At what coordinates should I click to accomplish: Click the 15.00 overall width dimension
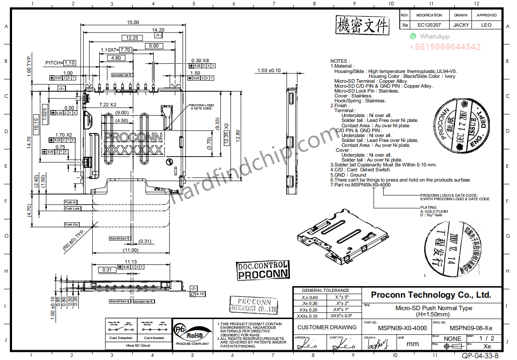(133, 22)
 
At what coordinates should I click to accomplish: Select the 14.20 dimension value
(158, 30)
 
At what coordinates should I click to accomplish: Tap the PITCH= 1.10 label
(60, 63)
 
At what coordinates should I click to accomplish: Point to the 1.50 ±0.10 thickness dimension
(269, 70)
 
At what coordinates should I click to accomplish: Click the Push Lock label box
(72, 208)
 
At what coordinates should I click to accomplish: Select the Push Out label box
(72, 224)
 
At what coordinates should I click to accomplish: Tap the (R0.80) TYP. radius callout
(74, 241)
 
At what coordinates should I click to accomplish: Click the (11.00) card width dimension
(130, 250)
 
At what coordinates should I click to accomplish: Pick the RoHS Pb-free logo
(191, 333)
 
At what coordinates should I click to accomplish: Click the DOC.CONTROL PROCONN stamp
(262, 270)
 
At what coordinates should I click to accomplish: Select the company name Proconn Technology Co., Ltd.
(431, 295)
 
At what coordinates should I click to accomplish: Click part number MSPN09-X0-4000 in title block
(402, 328)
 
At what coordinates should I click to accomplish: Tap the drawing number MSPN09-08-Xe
(471, 328)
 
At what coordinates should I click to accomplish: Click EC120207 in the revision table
(429, 25)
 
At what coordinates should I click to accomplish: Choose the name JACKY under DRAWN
(460, 25)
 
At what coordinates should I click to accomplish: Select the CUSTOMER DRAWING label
(327, 327)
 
